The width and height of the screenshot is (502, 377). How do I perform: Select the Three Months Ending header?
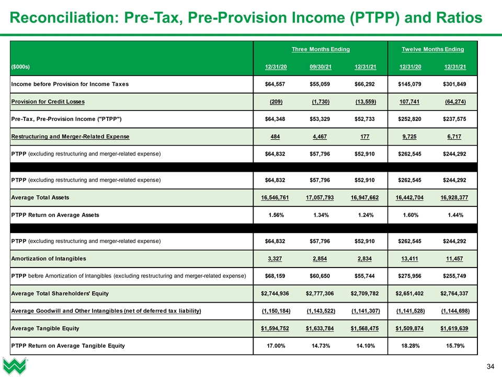pyautogui.click(x=321, y=49)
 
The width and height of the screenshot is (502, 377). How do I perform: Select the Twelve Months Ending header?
pyautogui.click(x=432, y=49)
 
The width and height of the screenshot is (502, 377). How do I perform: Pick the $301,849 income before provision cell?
pyautogui.click(x=455, y=84)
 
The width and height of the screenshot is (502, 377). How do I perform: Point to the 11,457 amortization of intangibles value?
pyautogui.click(x=458, y=258)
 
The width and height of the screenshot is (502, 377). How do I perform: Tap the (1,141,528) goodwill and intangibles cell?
pyautogui.click(x=410, y=311)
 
